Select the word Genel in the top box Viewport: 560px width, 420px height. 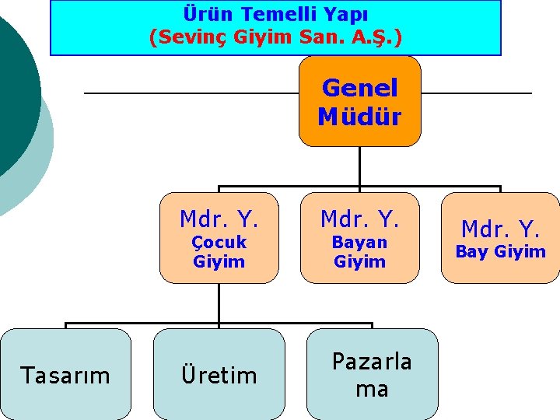click(359, 88)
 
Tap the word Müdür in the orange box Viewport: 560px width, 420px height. click(359, 117)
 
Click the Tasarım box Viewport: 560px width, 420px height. click(65, 375)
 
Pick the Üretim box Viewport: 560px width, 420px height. click(219, 375)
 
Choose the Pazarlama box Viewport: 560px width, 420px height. click(372, 374)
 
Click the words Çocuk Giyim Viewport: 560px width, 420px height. click(219, 252)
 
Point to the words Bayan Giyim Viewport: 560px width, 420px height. click(359, 252)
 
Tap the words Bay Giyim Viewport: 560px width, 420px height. click(500, 251)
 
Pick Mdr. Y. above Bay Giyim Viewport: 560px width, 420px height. click(500, 229)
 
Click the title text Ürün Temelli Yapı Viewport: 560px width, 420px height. click(276, 14)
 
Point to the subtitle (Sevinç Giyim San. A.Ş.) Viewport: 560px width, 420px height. click(276, 37)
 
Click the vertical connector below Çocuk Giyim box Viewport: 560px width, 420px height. click(219, 303)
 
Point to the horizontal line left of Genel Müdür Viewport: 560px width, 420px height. click(191, 93)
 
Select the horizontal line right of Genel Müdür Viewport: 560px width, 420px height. click(476, 93)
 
